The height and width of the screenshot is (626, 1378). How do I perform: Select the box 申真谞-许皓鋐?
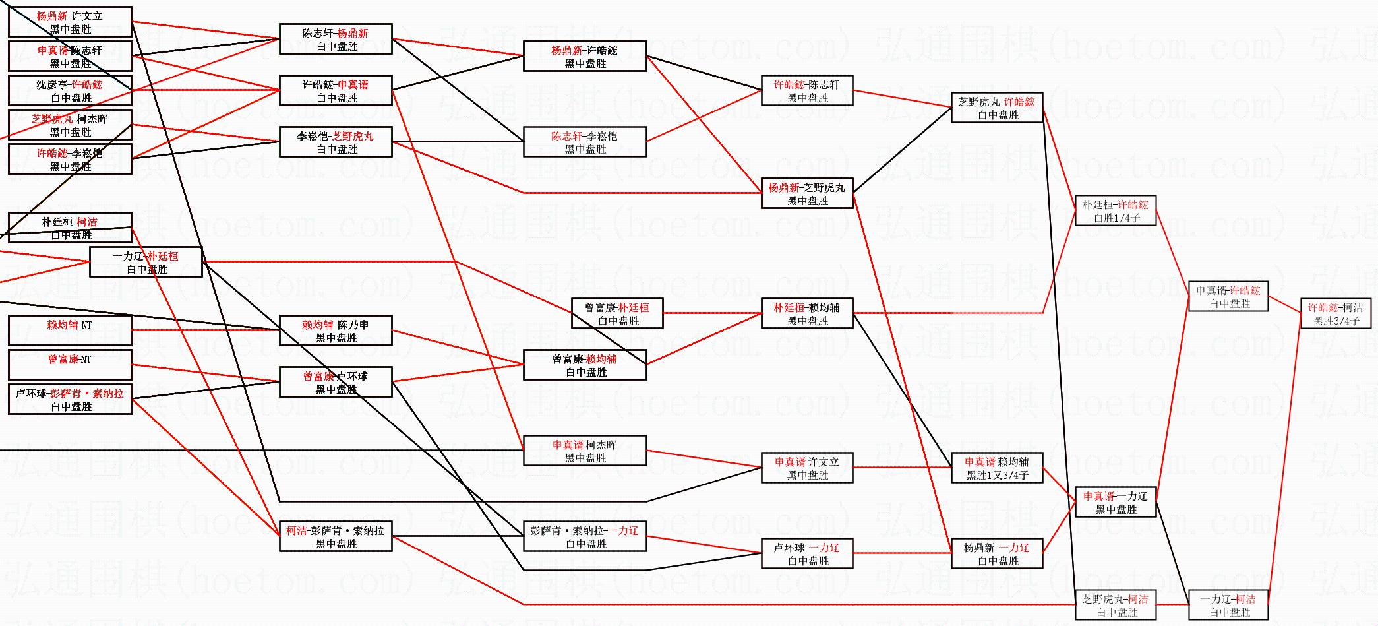pos(1228,297)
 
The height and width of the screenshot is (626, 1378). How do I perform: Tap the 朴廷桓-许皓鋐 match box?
pos(1116,210)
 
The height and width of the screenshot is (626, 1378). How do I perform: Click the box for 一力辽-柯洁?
pos(1228,605)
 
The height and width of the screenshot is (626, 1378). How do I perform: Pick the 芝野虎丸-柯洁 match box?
pos(1115,605)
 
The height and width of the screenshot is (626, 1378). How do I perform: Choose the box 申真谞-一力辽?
pos(1116,502)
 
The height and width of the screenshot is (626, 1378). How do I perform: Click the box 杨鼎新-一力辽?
pos(996,553)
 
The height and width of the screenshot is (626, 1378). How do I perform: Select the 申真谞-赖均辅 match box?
pos(996,468)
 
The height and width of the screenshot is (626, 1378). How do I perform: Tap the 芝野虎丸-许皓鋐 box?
pos(996,108)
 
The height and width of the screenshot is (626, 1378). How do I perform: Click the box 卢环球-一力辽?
pos(807,553)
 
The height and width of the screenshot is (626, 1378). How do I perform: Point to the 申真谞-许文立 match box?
pos(807,468)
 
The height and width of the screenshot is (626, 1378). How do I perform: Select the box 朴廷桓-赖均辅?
pos(807,313)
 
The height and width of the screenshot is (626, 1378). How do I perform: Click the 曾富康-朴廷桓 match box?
pos(617,313)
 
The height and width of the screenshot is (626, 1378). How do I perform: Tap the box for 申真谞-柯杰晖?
pos(585,451)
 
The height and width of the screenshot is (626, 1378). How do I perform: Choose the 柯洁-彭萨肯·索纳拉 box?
pos(336,536)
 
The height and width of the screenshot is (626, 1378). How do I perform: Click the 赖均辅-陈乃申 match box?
pos(336,330)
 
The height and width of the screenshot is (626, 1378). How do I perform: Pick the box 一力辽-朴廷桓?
pos(146,262)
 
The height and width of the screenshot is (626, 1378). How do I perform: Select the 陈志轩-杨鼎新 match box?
pos(336,39)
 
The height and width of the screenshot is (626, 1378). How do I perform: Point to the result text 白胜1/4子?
pos(1116,218)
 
